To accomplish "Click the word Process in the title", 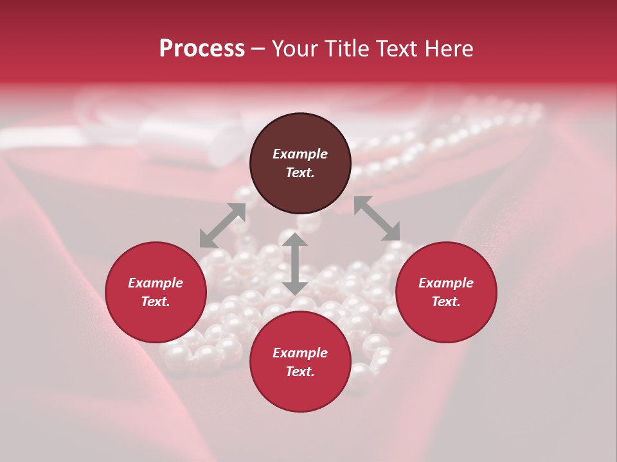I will [202, 49].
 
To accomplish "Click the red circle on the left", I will [156, 292].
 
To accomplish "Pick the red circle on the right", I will [446, 292].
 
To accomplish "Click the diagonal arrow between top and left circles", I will [222, 225].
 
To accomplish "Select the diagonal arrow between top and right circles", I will [377, 218].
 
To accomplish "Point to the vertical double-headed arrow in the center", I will [295, 264].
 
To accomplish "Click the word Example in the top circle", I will [300, 154].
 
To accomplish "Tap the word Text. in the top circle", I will [300, 173].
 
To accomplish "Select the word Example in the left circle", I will [156, 283].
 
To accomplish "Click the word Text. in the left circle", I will [156, 302].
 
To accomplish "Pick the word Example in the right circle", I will [446, 283].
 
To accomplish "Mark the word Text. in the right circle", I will [446, 302].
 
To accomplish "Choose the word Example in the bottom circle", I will [300, 353].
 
